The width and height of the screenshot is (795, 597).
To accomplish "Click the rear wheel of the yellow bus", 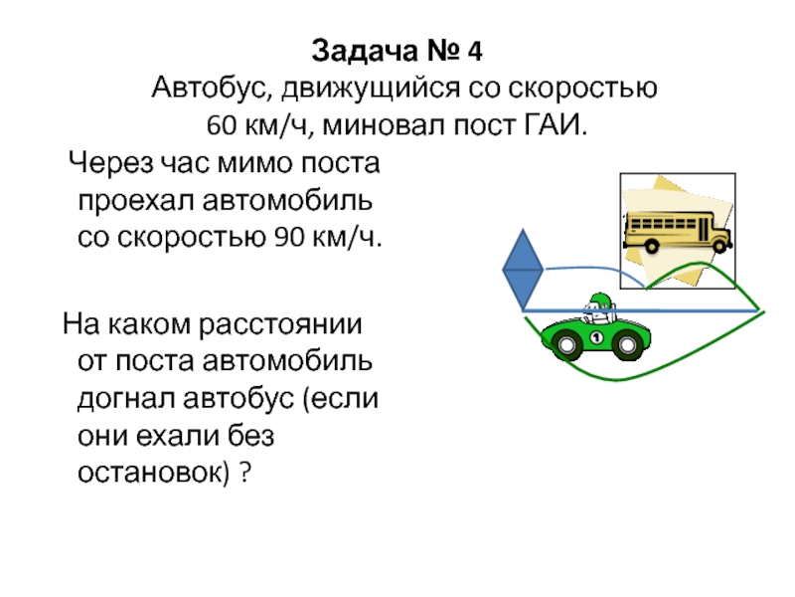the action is point(652,244).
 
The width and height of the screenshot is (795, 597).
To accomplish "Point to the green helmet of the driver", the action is point(599,299).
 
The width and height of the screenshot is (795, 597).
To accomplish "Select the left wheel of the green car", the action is point(568,344).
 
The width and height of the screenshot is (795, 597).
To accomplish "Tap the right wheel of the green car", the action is point(627,344).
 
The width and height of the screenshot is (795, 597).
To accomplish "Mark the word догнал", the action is point(123,399).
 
